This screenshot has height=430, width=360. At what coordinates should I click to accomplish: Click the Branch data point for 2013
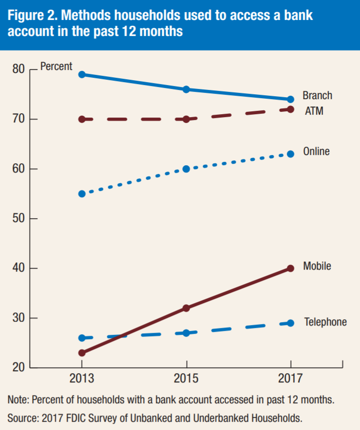(x=82, y=74)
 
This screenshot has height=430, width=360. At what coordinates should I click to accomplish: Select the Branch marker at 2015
(x=186, y=89)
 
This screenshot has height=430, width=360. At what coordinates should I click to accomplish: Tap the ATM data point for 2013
(x=82, y=119)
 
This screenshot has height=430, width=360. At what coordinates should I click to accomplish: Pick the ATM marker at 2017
(x=291, y=109)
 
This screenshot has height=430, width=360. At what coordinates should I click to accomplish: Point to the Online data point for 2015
(x=186, y=169)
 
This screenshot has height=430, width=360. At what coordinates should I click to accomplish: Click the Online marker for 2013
(x=82, y=194)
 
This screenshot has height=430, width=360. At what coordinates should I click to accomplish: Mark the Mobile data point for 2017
(x=291, y=268)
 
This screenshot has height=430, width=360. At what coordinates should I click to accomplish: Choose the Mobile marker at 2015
(x=186, y=308)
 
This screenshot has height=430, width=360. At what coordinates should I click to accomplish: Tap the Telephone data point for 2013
(x=82, y=338)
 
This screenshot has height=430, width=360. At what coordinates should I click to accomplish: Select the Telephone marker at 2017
(x=291, y=323)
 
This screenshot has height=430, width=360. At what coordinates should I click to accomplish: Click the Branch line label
(x=317, y=95)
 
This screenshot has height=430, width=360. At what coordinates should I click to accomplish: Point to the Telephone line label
(x=326, y=322)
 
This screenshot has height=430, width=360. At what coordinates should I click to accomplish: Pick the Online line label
(x=316, y=152)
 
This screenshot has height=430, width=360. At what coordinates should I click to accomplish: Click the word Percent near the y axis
(x=56, y=67)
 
